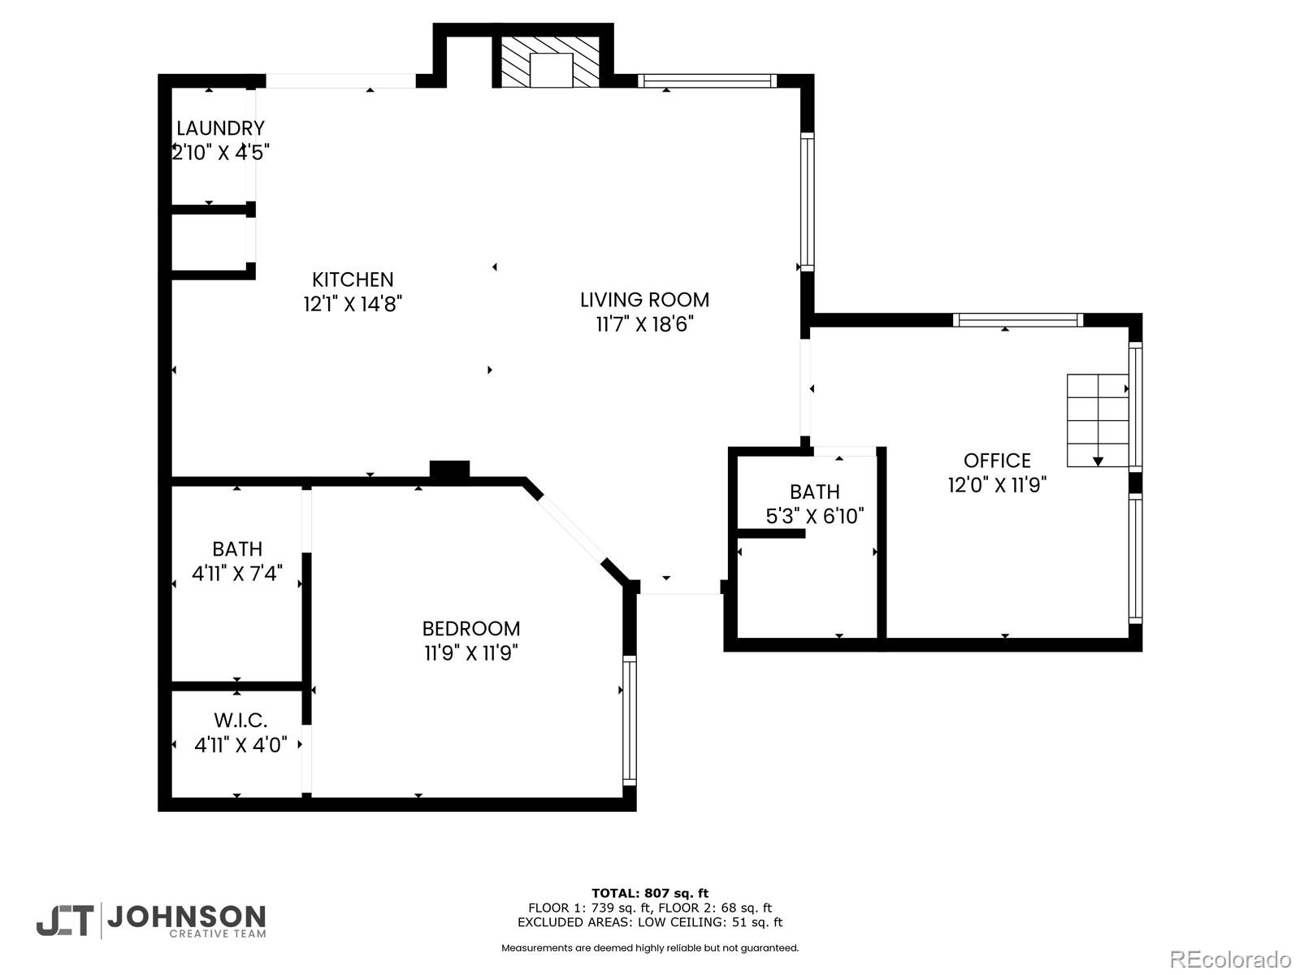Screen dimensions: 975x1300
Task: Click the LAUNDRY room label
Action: [x=220, y=128]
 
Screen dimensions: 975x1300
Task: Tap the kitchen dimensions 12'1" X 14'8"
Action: [x=353, y=304]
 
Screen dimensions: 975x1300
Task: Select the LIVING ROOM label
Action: [x=644, y=300]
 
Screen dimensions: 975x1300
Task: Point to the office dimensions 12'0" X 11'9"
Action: [x=997, y=485]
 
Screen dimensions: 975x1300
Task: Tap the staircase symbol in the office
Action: [x=1098, y=420]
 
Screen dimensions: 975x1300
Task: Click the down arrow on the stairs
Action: [x=1098, y=461]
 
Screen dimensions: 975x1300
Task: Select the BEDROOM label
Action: [x=470, y=628]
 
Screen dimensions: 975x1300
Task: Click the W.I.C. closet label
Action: [x=240, y=721]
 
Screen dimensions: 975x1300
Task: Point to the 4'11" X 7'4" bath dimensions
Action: [x=236, y=574]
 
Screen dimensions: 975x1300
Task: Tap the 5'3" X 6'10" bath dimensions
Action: [x=814, y=516]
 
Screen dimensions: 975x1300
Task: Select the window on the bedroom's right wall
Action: [x=630, y=719]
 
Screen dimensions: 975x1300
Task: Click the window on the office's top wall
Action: [x=1017, y=320]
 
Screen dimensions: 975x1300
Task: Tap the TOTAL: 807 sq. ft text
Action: [x=649, y=893]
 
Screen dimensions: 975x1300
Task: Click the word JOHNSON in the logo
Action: [x=186, y=917]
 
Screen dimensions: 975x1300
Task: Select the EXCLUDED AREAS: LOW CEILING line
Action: [x=649, y=922]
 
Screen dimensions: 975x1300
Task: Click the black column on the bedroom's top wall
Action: [x=449, y=470]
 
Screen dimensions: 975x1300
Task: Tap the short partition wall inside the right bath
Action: [x=770, y=534]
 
